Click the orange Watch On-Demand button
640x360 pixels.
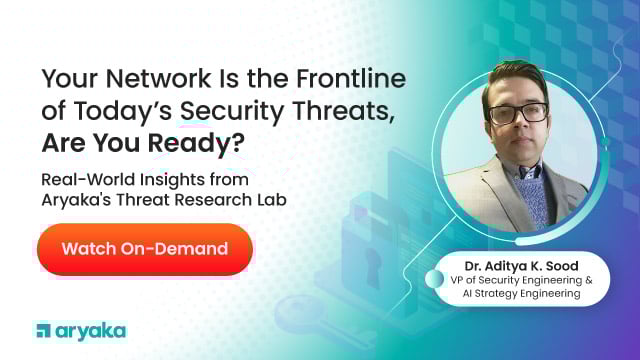[x=144, y=249]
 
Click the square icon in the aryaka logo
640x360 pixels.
[x=43, y=330]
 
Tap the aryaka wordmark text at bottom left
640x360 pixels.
[x=91, y=330]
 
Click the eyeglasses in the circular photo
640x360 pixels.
[x=517, y=111]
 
